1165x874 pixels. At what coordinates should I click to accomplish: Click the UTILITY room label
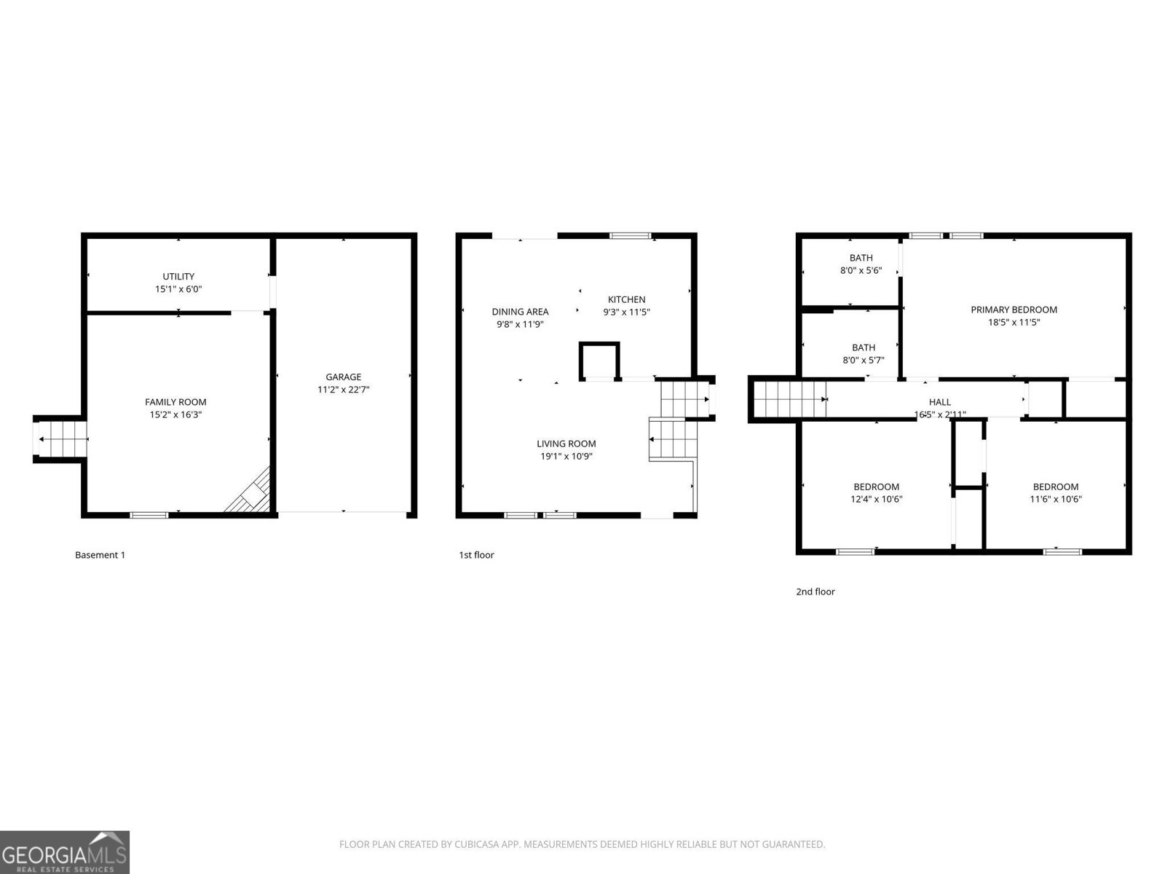pyautogui.click(x=178, y=277)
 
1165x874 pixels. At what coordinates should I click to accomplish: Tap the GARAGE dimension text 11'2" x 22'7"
pyautogui.click(x=344, y=390)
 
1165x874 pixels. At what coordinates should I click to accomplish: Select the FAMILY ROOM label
pyautogui.click(x=175, y=402)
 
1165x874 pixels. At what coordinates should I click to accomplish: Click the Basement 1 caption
pyautogui.click(x=100, y=555)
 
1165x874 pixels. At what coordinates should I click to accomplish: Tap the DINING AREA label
pyautogui.click(x=520, y=312)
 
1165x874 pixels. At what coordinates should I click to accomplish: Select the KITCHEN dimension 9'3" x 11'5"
pyautogui.click(x=626, y=312)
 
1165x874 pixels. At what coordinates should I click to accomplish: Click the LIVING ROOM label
pyautogui.click(x=566, y=444)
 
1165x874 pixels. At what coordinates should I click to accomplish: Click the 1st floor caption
pyautogui.click(x=476, y=555)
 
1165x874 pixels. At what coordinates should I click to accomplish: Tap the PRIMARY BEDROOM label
pyautogui.click(x=1014, y=310)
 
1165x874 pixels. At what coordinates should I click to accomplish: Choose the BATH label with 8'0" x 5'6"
pyautogui.click(x=861, y=258)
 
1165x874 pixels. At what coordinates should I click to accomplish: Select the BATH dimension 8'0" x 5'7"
pyautogui.click(x=864, y=361)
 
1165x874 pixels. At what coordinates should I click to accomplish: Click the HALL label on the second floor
pyautogui.click(x=939, y=402)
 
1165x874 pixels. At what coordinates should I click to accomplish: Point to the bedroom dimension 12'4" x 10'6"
pyautogui.click(x=876, y=500)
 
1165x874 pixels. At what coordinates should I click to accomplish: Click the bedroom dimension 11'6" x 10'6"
pyautogui.click(x=1056, y=500)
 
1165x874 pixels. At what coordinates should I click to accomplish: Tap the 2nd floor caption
pyautogui.click(x=815, y=591)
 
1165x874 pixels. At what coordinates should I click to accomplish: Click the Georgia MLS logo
pyautogui.click(x=64, y=851)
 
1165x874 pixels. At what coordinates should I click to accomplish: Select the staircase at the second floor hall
pyautogui.click(x=790, y=399)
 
